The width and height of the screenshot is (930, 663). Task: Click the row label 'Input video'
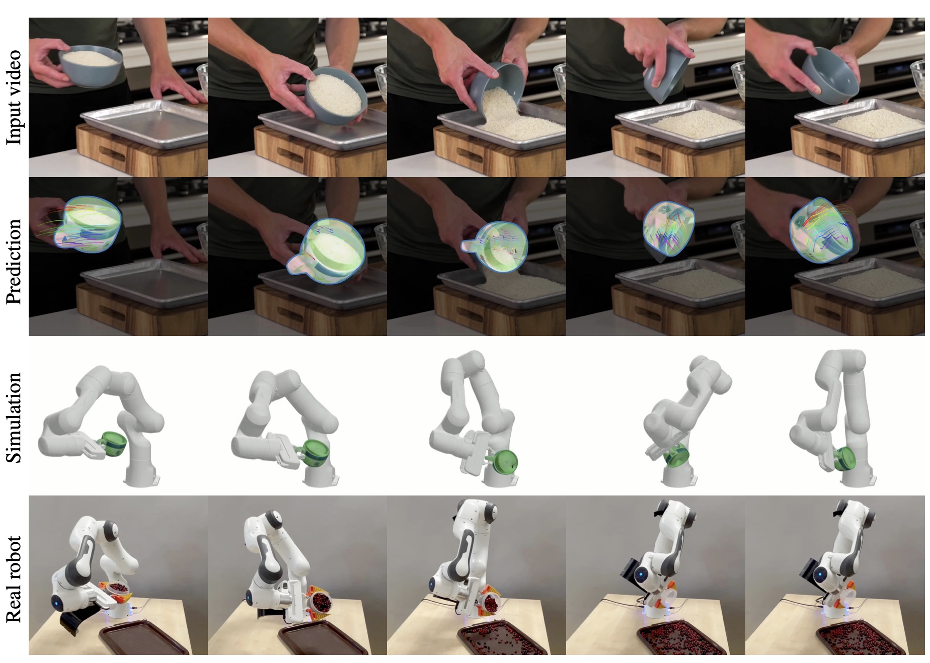coord(14,98)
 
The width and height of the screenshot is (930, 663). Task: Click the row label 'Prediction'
coord(14,261)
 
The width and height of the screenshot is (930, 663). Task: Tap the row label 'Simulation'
coord(14,418)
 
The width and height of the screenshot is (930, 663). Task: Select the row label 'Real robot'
coord(14,579)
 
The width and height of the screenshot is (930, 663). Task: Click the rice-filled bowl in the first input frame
coord(91,64)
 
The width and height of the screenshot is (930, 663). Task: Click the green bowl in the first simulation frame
coord(113,443)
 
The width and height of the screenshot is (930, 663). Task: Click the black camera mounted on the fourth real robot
coord(628,571)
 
